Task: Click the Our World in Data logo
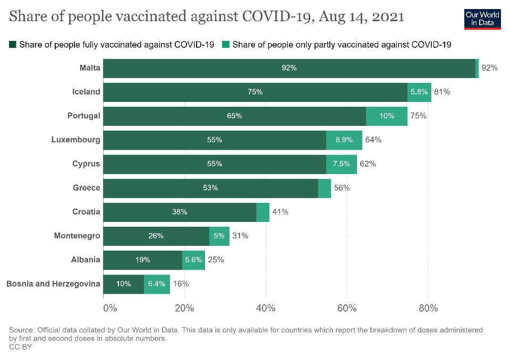(x=482, y=19)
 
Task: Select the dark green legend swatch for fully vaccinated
(x=13, y=45)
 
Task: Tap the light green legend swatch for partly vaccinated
(x=226, y=45)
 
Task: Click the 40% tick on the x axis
(x=265, y=308)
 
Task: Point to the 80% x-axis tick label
(x=428, y=308)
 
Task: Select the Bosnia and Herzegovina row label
(x=53, y=284)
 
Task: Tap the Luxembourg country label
(x=75, y=140)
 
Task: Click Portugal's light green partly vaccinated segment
(x=387, y=116)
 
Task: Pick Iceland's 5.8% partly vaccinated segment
(x=419, y=92)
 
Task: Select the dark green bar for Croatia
(x=180, y=212)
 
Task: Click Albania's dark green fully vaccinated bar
(x=142, y=260)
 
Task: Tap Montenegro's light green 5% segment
(x=219, y=236)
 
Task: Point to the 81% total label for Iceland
(x=442, y=92)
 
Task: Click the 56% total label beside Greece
(x=342, y=188)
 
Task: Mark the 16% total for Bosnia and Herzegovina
(x=181, y=284)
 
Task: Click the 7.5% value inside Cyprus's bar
(x=342, y=164)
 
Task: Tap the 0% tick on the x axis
(x=109, y=308)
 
